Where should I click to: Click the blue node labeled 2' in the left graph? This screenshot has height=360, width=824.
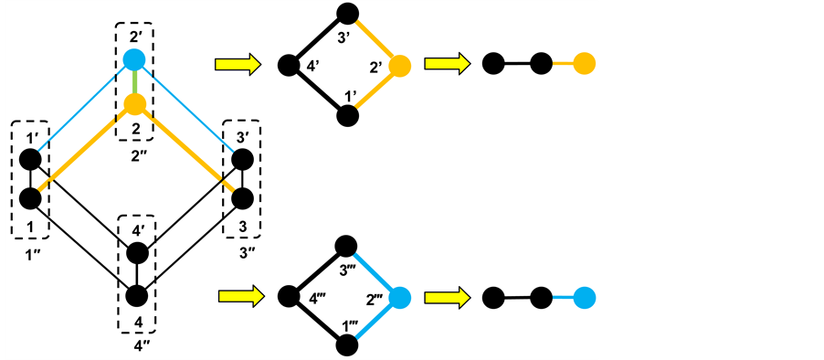(135, 61)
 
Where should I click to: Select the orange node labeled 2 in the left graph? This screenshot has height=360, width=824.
(135, 103)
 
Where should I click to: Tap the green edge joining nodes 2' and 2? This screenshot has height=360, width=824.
(135, 82)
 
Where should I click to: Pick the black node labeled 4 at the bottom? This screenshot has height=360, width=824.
(136, 295)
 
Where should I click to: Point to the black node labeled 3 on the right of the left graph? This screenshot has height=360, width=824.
(242, 197)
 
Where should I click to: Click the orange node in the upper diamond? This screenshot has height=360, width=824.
(399, 66)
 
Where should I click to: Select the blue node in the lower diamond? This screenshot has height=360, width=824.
(398, 297)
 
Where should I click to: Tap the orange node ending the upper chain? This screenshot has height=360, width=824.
(585, 64)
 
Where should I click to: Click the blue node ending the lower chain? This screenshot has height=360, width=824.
(585, 297)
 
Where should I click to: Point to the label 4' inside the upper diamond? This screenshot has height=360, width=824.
(312, 67)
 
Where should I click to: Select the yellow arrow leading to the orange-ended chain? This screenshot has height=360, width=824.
(446, 64)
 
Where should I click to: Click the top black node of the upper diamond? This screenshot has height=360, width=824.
(346, 13)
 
